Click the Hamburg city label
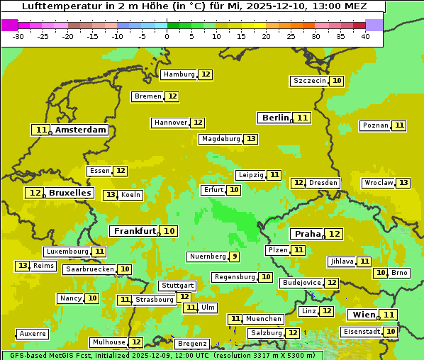[178, 74]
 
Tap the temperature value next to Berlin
[303, 118]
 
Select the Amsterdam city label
[81, 130]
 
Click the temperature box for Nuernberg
[234, 257]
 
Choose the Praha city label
[308, 234]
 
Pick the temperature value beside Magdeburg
[251, 139]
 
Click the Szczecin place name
[310, 81]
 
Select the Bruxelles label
[69, 193]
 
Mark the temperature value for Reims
[23, 266]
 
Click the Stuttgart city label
[177, 286]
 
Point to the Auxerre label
[33, 333]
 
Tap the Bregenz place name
[192, 344]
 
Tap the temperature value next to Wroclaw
[403, 183]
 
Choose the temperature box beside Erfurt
[234, 190]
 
